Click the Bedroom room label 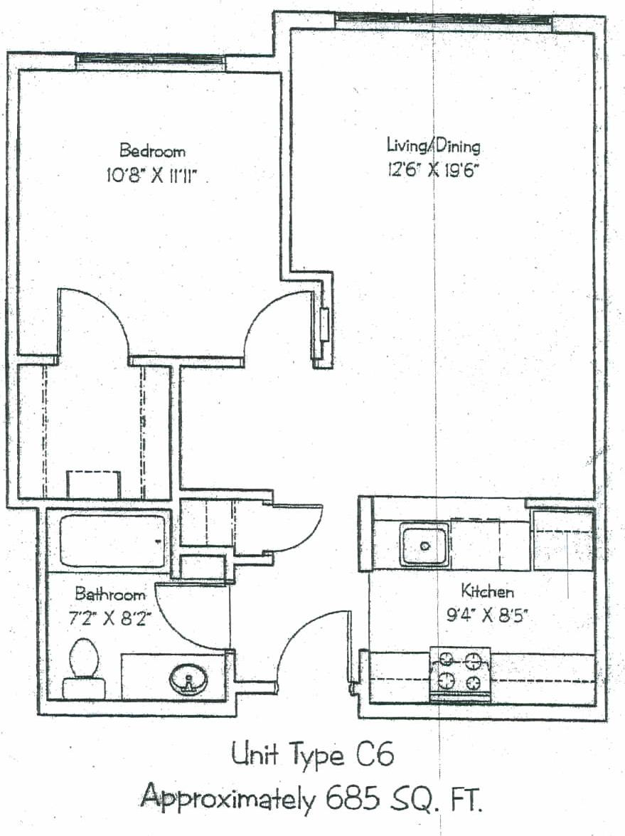[x=152, y=150]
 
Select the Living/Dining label [x=433, y=145]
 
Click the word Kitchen [x=487, y=591]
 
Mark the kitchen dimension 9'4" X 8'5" [x=487, y=616]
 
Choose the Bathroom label [x=109, y=593]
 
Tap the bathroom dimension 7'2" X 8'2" [x=109, y=618]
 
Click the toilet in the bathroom [x=83, y=669]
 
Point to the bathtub [x=112, y=541]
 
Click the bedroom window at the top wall [x=150, y=61]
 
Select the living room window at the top [x=443, y=20]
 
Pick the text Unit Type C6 [x=313, y=755]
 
